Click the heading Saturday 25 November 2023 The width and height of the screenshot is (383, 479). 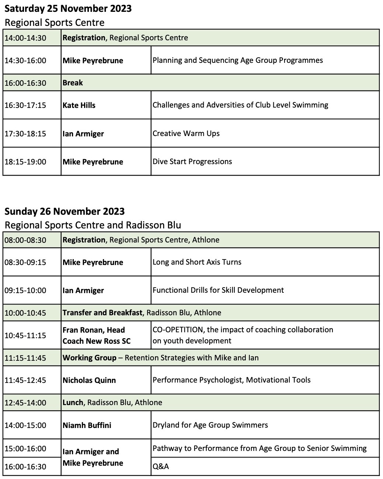pyautogui.click(x=68, y=9)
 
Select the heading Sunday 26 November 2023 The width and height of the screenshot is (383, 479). pyautogui.click(x=65, y=211)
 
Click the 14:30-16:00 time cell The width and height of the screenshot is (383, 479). pyautogui.click(x=25, y=61)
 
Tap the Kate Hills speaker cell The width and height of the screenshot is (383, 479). pyautogui.click(x=79, y=105)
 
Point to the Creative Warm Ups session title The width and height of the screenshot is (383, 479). pyautogui.click(x=186, y=133)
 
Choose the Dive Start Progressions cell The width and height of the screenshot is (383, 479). pyautogui.click(x=192, y=162)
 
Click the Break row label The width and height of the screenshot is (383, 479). pyautogui.click(x=73, y=83)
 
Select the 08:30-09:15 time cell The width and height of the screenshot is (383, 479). pyautogui.click(x=25, y=262)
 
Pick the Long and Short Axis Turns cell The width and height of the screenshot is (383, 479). pyautogui.click(x=197, y=262)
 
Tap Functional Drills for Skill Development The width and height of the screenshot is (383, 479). pyautogui.click(x=218, y=290)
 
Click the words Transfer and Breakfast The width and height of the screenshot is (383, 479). pyautogui.click(x=102, y=313)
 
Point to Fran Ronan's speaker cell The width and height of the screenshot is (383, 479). pyautogui.click(x=97, y=335)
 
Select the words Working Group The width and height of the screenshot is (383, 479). pyautogui.click(x=89, y=358)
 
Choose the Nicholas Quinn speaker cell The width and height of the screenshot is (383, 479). pyautogui.click(x=89, y=380)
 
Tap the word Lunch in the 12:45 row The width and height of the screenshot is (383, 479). pyautogui.click(x=73, y=402)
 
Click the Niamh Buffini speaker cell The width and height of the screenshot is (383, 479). pyautogui.click(x=87, y=425)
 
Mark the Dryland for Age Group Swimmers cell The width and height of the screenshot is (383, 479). pyautogui.click(x=210, y=425)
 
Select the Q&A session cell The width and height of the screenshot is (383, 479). pyautogui.click(x=161, y=466)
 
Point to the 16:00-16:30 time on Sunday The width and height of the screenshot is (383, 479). pyautogui.click(x=25, y=467)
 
